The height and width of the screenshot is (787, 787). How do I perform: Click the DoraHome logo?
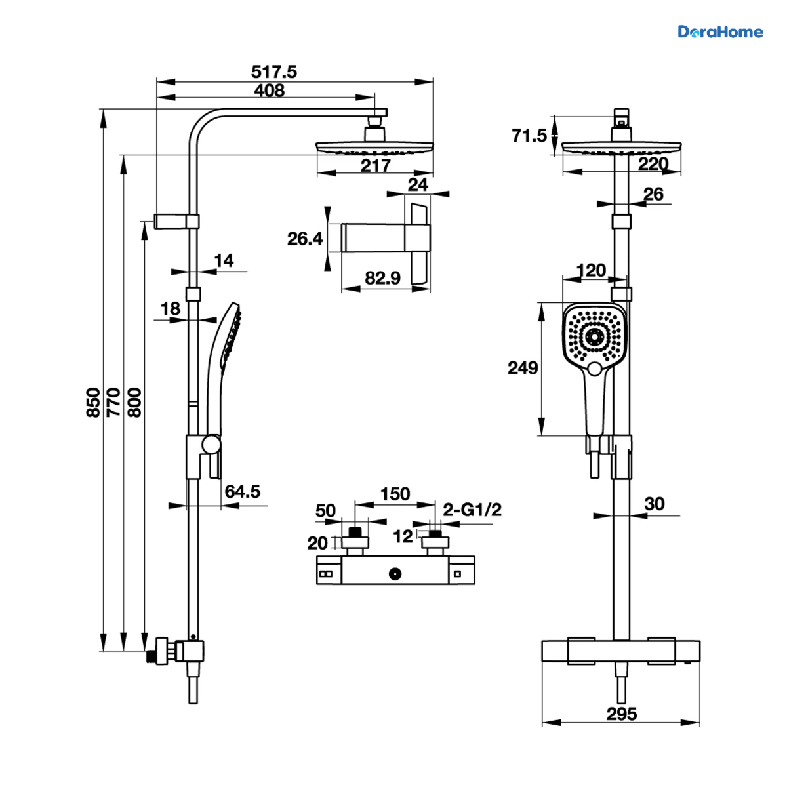click(x=720, y=32)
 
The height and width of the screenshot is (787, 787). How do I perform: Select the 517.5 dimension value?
click(x=273, y=72)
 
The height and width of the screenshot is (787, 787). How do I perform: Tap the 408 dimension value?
click(x=269, y=91)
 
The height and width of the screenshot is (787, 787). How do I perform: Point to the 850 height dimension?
click(x=93, y=402)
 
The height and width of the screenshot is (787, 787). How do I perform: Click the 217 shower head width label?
click(x=375, y=166)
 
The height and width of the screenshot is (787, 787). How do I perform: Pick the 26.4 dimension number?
click(x=305, y=239)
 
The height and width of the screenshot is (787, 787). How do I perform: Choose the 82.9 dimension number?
click(x=382, y=278)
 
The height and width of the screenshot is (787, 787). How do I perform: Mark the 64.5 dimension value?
click(x=242, y=491)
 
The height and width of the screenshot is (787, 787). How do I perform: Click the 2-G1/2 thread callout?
click(x=472, y=510)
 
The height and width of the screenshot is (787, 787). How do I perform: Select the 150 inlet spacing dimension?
click(x=395, y=494)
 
